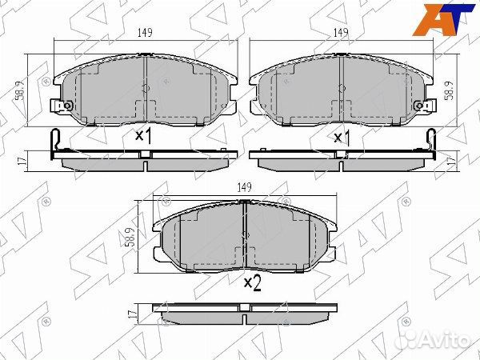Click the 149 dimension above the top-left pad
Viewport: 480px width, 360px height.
click(145, 33)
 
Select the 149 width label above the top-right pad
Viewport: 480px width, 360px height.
click(341, 33)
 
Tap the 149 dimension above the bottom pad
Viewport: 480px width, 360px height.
click(244, 187)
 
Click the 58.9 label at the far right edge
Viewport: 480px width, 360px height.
click(449, 90)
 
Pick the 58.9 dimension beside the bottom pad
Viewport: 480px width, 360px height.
click(131, 238)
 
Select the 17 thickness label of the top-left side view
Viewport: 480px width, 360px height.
click(22, 161)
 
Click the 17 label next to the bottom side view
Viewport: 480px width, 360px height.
click(132, 314)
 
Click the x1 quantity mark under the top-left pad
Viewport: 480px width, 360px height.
click(143, 136)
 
